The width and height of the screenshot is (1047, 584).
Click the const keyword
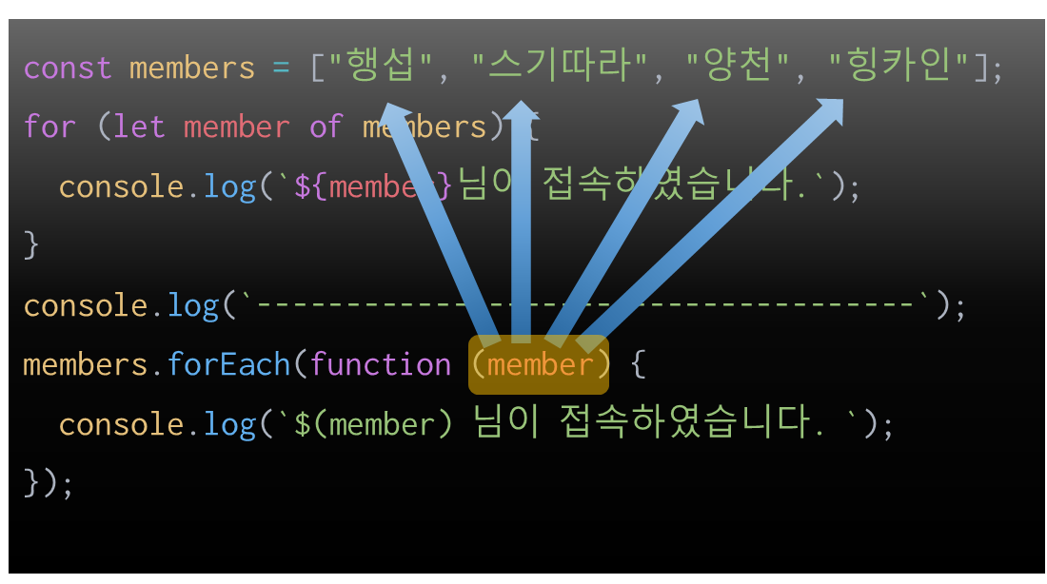68,68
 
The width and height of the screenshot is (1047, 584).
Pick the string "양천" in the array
739,68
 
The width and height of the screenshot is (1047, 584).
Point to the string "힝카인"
899,68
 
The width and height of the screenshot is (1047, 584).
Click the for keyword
49,127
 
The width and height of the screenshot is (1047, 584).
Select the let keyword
139,127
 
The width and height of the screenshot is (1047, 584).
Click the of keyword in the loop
326,127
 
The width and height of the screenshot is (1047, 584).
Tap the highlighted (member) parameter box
539,364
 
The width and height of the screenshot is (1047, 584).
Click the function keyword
381,364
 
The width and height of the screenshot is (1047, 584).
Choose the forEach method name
228,364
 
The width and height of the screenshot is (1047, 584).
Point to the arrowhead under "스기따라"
521,112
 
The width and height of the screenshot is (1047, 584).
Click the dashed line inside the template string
585,305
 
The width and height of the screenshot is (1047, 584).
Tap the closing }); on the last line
49,482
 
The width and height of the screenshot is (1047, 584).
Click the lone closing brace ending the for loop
31,245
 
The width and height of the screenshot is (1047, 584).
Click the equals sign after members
281,68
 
